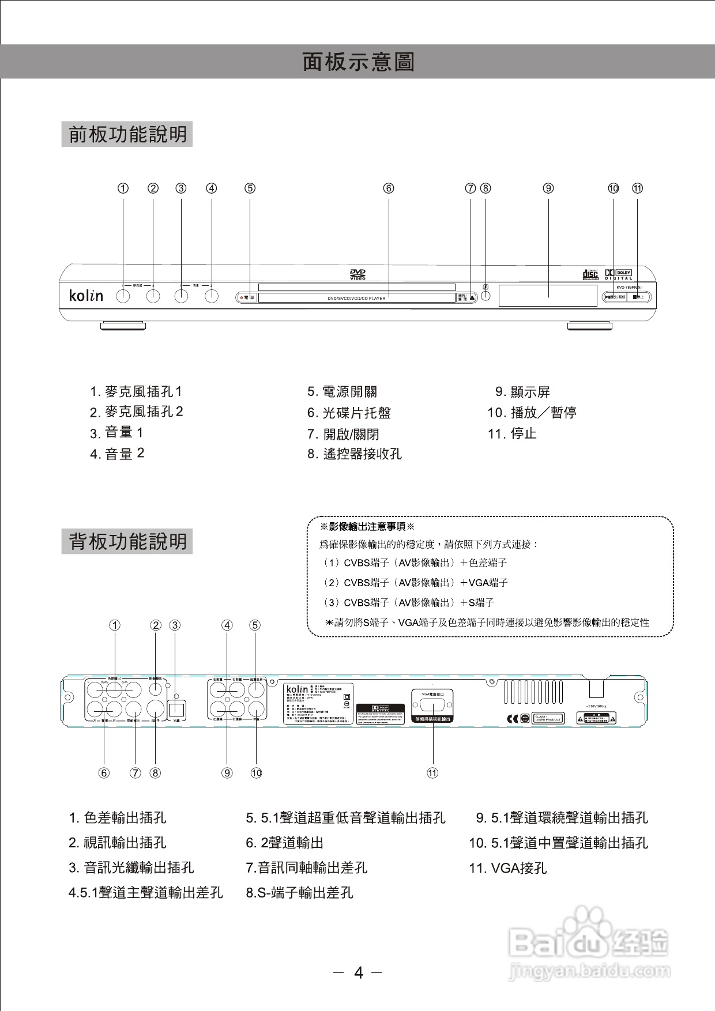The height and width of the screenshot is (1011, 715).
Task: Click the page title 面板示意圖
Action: click(358, 62)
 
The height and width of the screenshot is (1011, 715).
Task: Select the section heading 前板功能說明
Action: click(127, 134)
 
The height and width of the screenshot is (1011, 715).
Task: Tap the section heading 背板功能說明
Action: click(127, 542)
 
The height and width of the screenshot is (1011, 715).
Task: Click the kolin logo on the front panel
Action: click(86, 296)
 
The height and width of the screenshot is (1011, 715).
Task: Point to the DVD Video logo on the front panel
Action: click(357, 274)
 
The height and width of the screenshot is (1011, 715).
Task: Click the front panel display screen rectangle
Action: click(548, 296)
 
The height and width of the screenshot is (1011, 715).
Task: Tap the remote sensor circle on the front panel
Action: click(486, 296)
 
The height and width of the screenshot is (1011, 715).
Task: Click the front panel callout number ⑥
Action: click(389, 188)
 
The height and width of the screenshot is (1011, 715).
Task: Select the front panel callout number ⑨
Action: click(548, 188)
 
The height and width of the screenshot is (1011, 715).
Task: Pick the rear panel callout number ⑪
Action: click(432, 773)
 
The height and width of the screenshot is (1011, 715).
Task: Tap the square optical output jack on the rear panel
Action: click(176, 708)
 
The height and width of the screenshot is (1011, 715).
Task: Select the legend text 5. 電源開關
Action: click(342, 392)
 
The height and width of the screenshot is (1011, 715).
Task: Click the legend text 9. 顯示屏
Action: click(522, 392)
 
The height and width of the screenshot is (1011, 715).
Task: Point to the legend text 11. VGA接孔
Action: click(507, 868)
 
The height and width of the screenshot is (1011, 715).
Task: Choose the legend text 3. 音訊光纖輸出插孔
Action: click(131, 867)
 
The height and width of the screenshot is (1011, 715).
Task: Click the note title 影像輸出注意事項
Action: click(367, 527)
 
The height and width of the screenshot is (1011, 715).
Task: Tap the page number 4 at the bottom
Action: click(359, 973)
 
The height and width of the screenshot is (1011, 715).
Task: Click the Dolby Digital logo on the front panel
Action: click(618, 274)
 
